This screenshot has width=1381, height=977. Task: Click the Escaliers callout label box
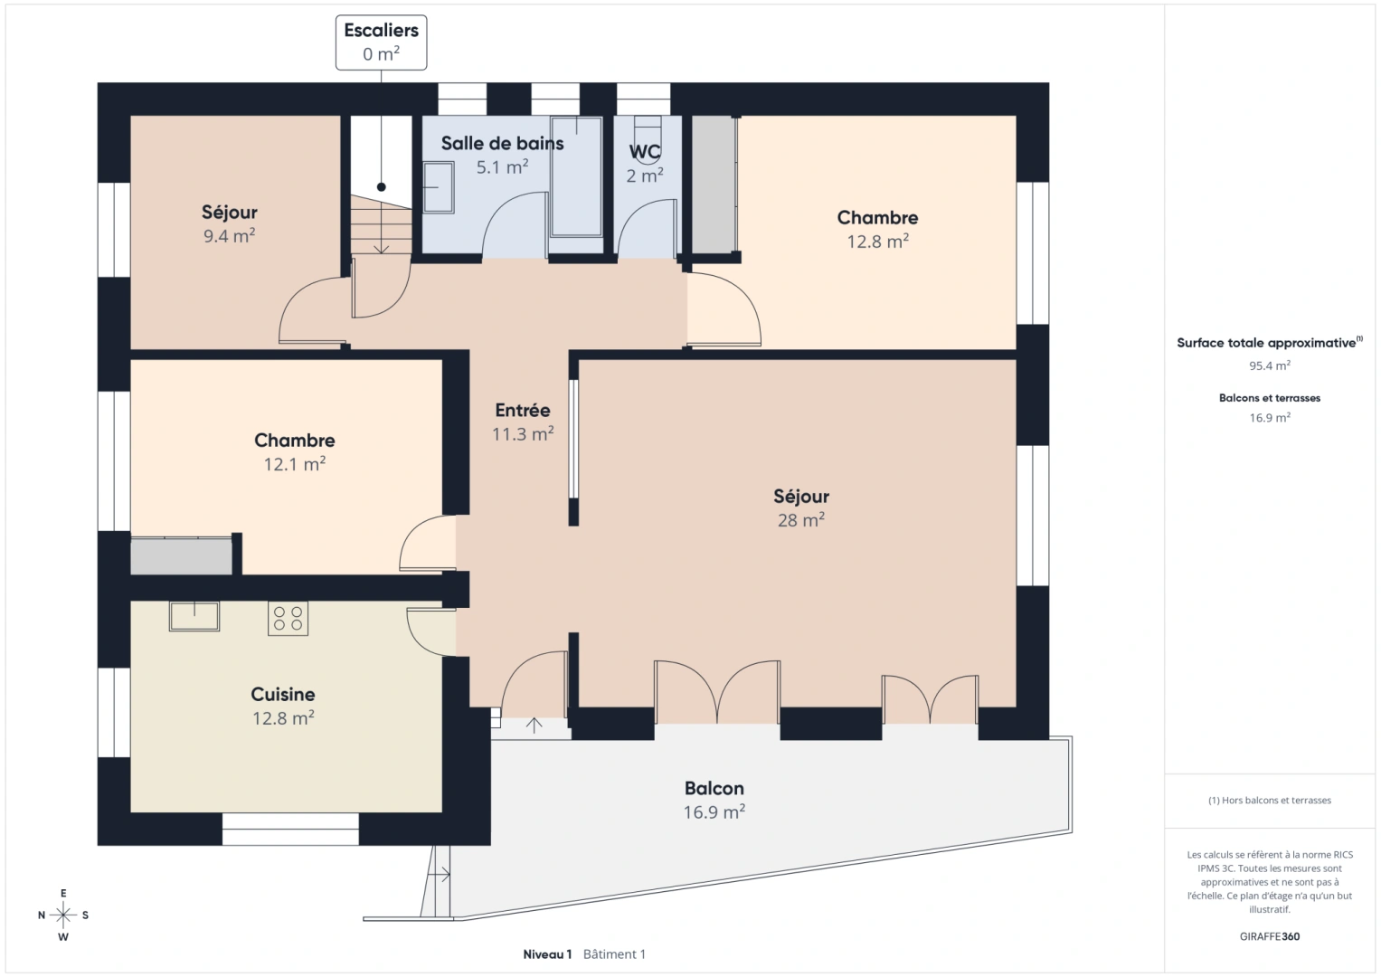point(381,42)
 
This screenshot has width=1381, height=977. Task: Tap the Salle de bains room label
point(502,143)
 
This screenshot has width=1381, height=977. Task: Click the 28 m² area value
point(800,520)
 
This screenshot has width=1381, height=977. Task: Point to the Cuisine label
point(283,694)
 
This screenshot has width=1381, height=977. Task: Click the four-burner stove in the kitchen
point(288,618)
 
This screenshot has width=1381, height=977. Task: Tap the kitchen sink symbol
point(194,616)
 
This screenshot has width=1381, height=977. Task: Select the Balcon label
point(714,788)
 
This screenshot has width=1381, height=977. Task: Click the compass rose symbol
point(63,915)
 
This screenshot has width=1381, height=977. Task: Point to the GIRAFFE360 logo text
point(1269,936)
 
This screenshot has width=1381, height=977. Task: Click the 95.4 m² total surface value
point(1269,365)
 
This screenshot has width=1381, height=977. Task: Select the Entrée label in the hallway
point(523,410)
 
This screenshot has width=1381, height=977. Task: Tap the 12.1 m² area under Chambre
point(294,464)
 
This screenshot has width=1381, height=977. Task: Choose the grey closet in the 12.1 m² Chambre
point(181,555)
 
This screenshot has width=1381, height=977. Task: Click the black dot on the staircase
point(382,187)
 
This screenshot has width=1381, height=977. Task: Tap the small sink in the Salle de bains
point(439,187)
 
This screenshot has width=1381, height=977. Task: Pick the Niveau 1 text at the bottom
point(547,953)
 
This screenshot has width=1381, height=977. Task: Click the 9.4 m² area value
point(229,236)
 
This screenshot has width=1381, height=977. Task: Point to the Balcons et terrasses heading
point(1269,398)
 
